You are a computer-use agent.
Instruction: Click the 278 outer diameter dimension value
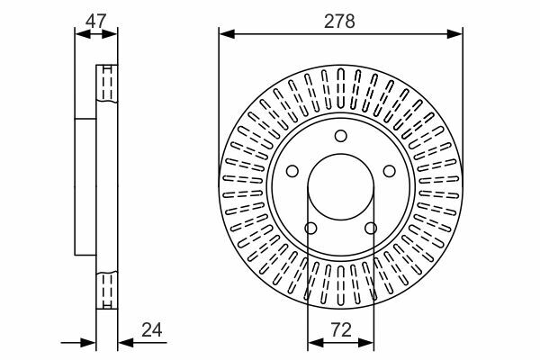click(x=341, y=19)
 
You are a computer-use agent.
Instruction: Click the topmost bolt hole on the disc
click(x=341, y=136)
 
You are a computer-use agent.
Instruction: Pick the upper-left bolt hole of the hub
click(x=292, y=171)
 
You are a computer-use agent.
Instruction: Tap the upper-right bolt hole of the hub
click(x=390, y=171)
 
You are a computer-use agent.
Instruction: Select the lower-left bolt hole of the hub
click(x=311, y=229)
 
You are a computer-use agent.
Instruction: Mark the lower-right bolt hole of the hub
click(x=371, y=229)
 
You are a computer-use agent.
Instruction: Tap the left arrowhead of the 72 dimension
click(x=313, y=341)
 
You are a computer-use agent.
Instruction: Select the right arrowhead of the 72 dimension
click(x=369, y=341)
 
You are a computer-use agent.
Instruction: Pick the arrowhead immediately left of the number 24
click(x=123, y=341)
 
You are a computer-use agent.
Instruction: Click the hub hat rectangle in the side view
click(x=85, y=186)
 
